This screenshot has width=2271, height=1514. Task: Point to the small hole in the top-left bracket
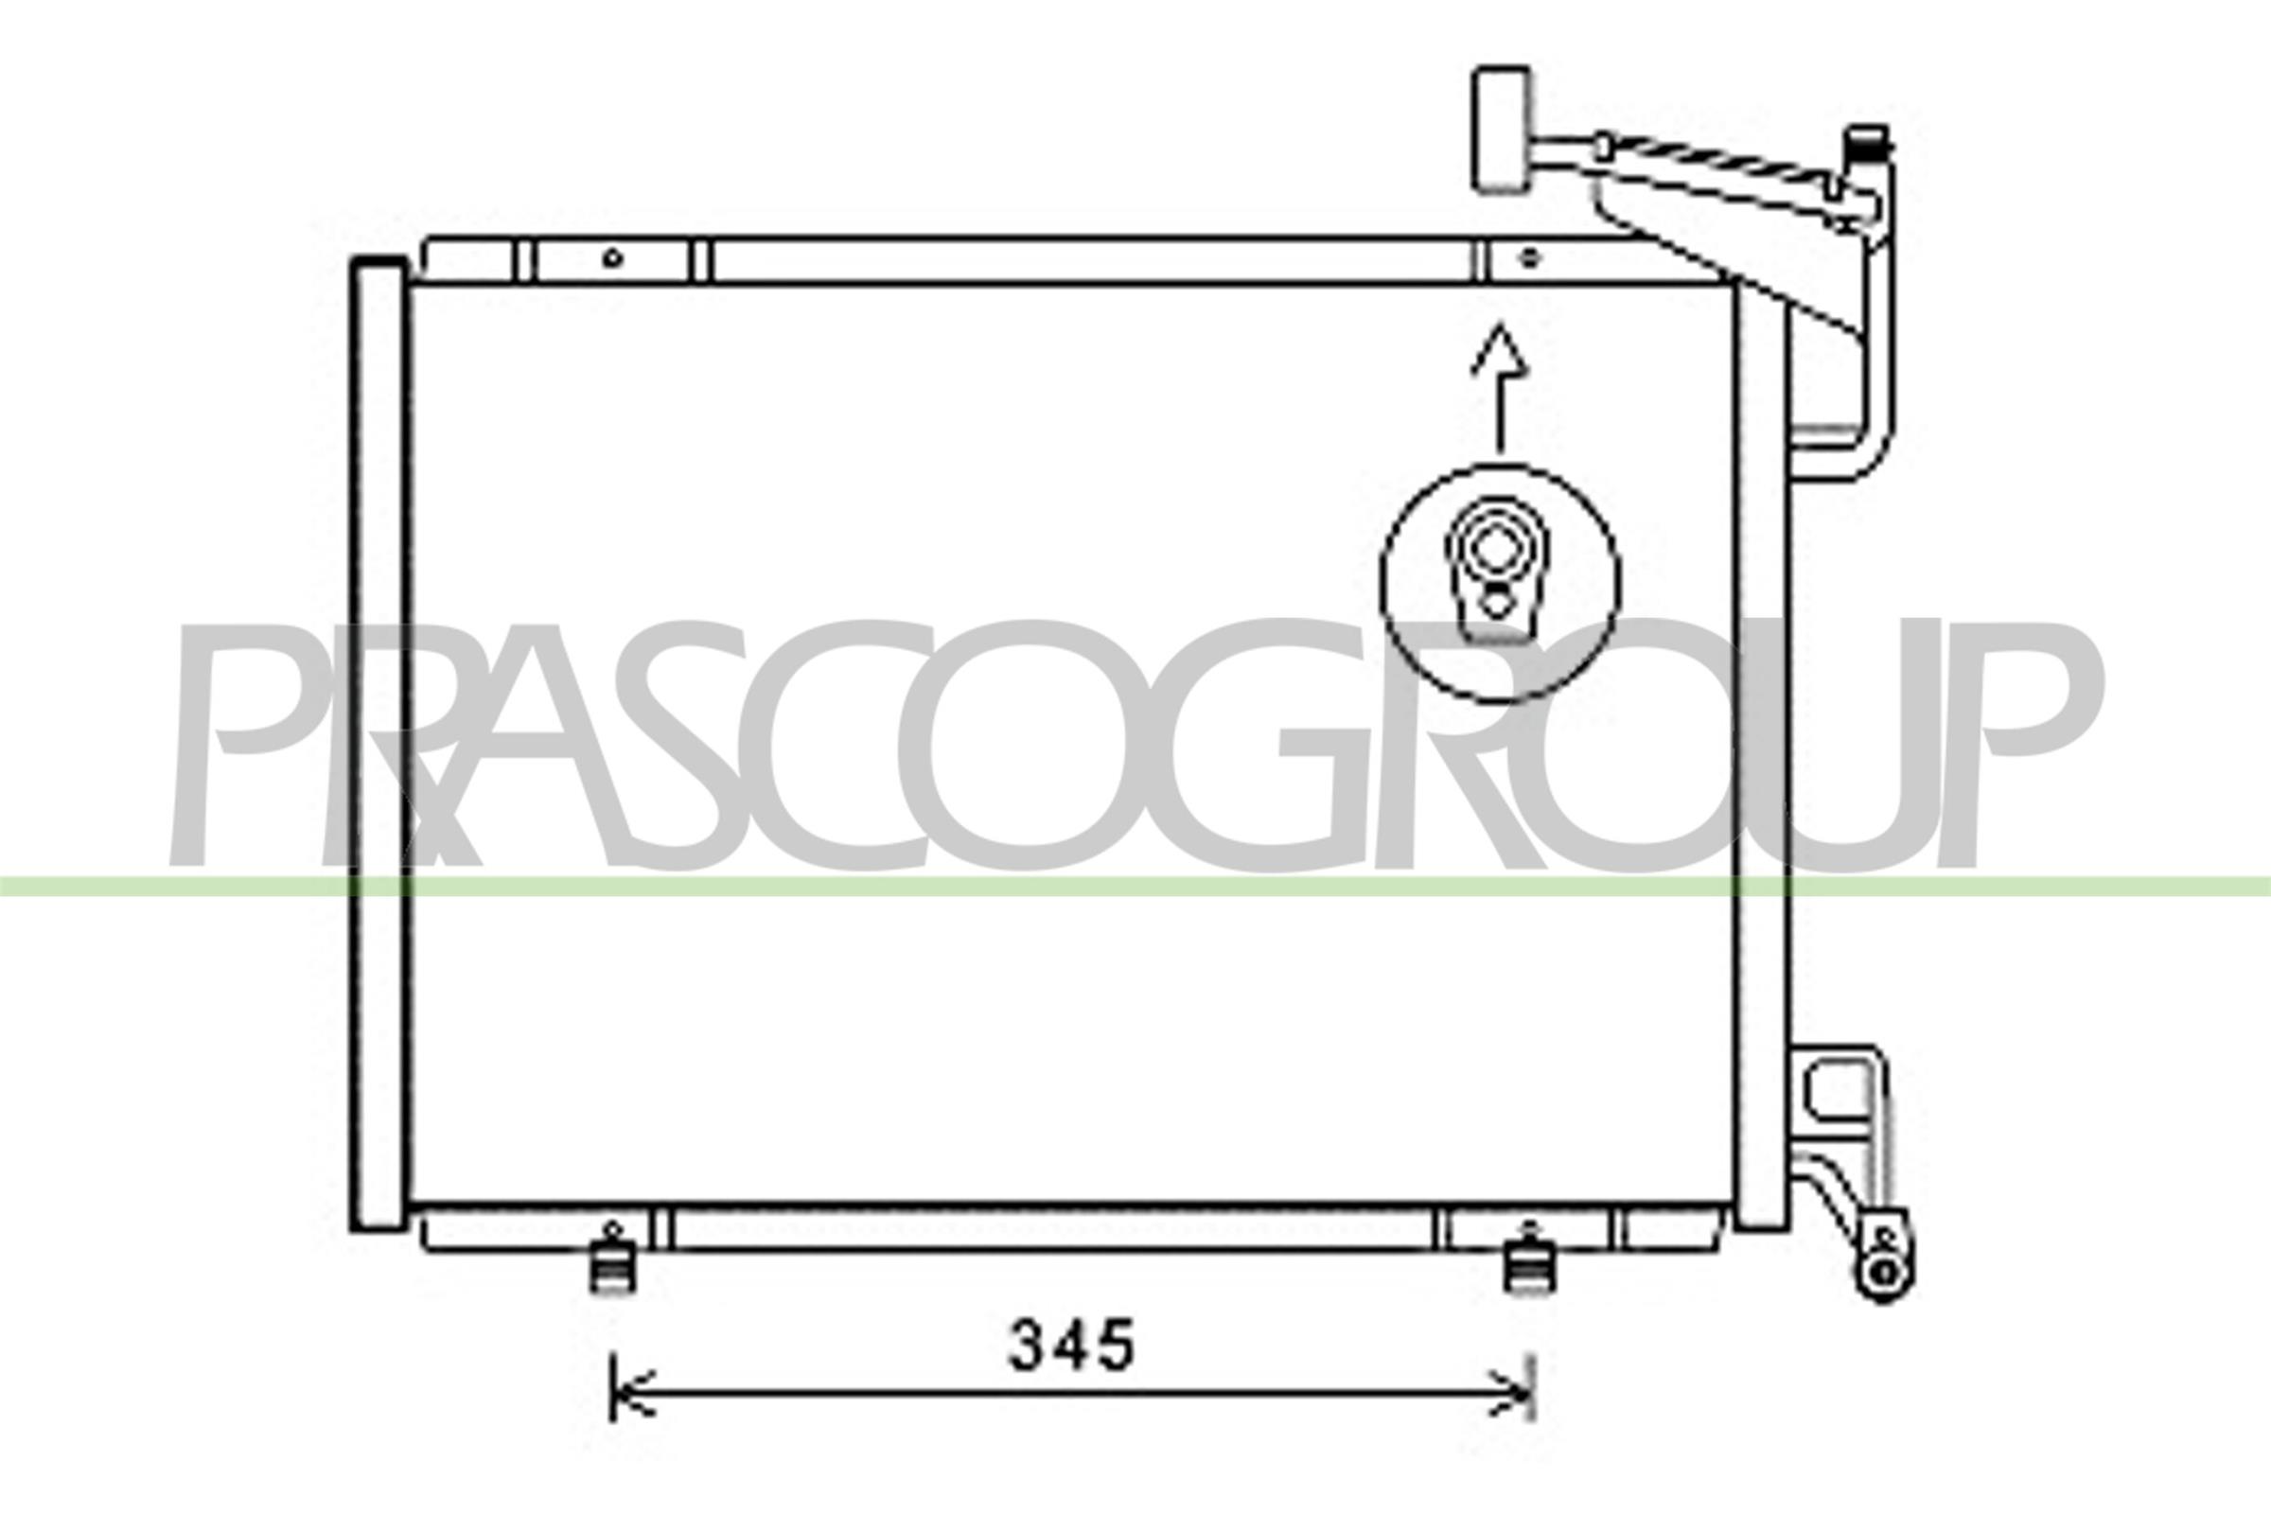[612, 257]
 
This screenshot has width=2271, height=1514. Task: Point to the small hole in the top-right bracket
[1528, 257]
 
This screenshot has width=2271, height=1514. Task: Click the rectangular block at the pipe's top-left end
[1502, 128]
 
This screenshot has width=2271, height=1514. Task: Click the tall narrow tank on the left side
[378, 744]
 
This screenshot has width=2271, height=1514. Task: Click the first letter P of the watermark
[241, 744]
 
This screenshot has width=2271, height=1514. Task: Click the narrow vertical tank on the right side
[1761, 753]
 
